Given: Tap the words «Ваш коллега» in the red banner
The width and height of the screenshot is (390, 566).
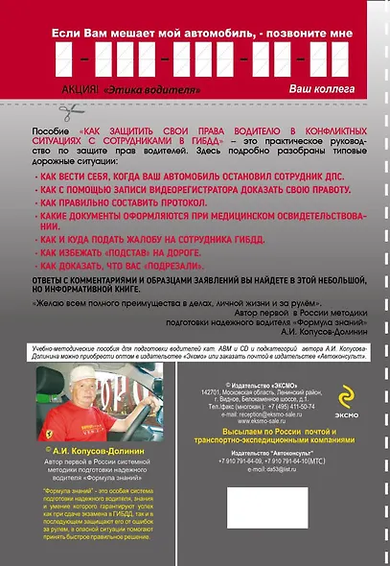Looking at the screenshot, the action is tap(321, 88).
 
